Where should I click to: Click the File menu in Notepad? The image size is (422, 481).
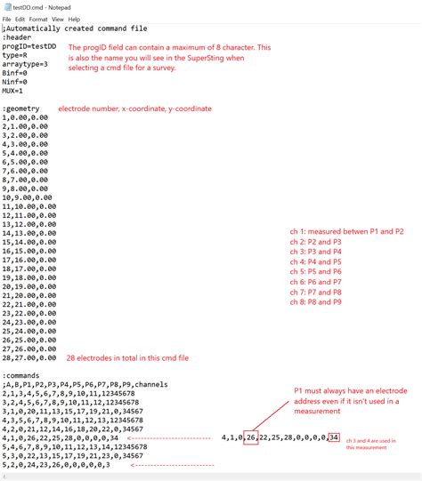(7, 19)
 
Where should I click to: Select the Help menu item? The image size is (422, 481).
(74, 19)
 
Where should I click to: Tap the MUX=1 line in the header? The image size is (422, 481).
(13, 91)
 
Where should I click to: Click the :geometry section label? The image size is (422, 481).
(21, 108)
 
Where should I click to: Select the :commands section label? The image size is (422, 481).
(21, 375)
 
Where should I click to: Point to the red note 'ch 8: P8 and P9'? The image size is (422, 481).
(317, 302)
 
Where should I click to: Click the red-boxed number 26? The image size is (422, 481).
(252, 437)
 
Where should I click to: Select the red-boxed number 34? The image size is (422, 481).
(334, 437)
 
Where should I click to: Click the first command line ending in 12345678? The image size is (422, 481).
(69, 393)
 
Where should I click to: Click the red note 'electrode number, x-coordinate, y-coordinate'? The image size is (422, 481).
(135, 108)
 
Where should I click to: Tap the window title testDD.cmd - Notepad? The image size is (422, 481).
(40, 6)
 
